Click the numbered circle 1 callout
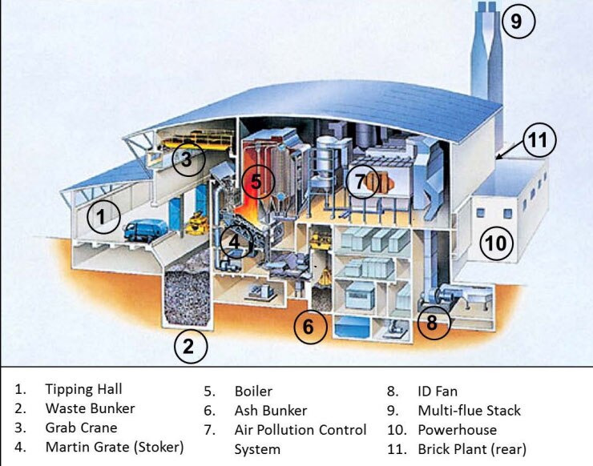pos(103,215)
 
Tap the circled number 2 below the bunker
pos(190,347)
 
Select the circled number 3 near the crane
pos(187,159)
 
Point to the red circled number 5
pos(256,182)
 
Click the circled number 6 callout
pos(309,326)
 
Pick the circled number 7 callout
pos(361,183)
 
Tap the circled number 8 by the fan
pos(433,323)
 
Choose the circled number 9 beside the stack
pos(517,22)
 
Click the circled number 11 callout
pos(539,142)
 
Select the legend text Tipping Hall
pos(83,390)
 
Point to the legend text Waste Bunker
pos(90,409)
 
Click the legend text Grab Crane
pos(81,428)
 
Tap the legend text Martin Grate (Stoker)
pos(115,447)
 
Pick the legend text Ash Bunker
pos(271,411)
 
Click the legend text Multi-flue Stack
pos(470,411)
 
